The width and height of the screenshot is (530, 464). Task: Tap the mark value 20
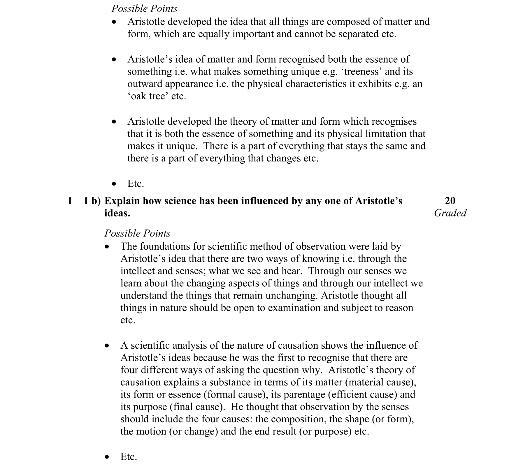(450, 201)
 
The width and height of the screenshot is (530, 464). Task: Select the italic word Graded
(450, 213)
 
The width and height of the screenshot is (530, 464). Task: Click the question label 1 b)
(92, 201)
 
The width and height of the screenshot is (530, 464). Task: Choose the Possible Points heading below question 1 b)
(137, 233)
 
